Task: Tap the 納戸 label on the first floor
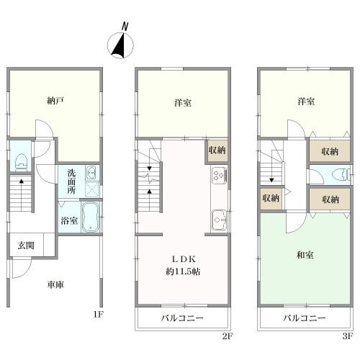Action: [55, 101]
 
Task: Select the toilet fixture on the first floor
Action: [21, 163]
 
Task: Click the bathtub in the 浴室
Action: [90, 217]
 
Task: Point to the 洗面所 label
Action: [71, 181]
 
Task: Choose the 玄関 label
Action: [26, 246]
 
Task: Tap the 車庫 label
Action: [55, 284]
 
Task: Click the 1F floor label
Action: [98, 314]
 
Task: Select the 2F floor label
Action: [227, 336]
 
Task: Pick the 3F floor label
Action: [347, 336]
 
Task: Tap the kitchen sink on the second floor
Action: [219, 220]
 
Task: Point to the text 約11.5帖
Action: [183, 271]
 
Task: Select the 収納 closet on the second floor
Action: [217, 150]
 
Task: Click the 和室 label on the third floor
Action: [305, 255]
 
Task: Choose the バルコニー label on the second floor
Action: [182, 318]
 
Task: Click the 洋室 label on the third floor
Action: [306, 102]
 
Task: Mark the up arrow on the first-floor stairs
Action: [22, 194]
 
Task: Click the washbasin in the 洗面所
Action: [91, 173]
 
